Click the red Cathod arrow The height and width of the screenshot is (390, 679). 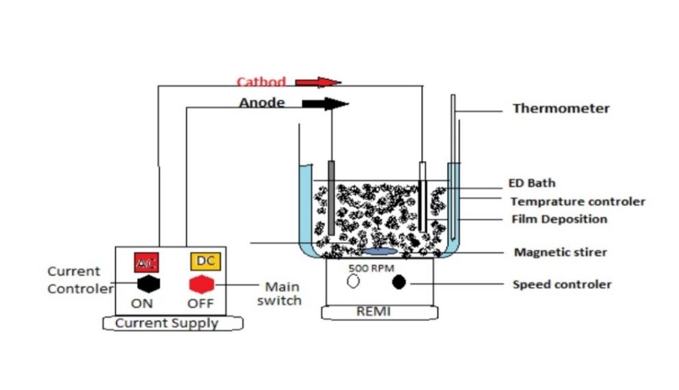click(x=318, y=83)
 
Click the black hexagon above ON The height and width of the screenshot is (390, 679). click(x=147, y=284)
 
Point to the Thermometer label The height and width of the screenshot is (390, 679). click(x=561, y=108)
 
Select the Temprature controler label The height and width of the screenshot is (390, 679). click(x=578, y=202)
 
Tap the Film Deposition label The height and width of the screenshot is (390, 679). click(x=559, y=220)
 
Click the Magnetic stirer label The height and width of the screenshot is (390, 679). click(x=560, y=252)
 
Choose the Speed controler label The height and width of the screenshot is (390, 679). click(x=562, y=284)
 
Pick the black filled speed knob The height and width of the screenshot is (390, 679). click(x=399, y=281)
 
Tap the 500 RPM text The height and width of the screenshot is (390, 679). click(x=370, y=268)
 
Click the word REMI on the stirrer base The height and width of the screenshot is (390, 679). click(x=373, y=311)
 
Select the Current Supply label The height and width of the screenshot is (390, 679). click(x=166, y=323)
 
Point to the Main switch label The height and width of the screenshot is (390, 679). click(x=283, y=294)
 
